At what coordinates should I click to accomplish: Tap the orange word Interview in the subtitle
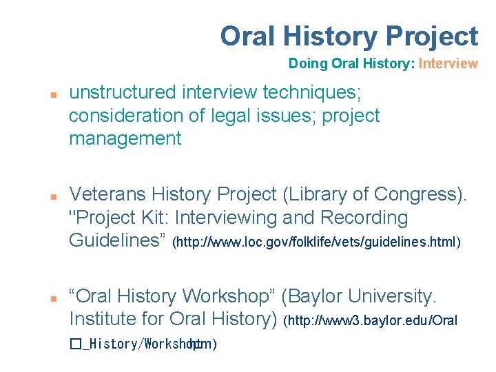click(x=448, y=64)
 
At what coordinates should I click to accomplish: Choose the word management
click(x=125, y=138)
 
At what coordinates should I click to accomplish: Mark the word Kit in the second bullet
click(x=155, y=218)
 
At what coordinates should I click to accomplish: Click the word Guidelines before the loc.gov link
click(x=118, y=241)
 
